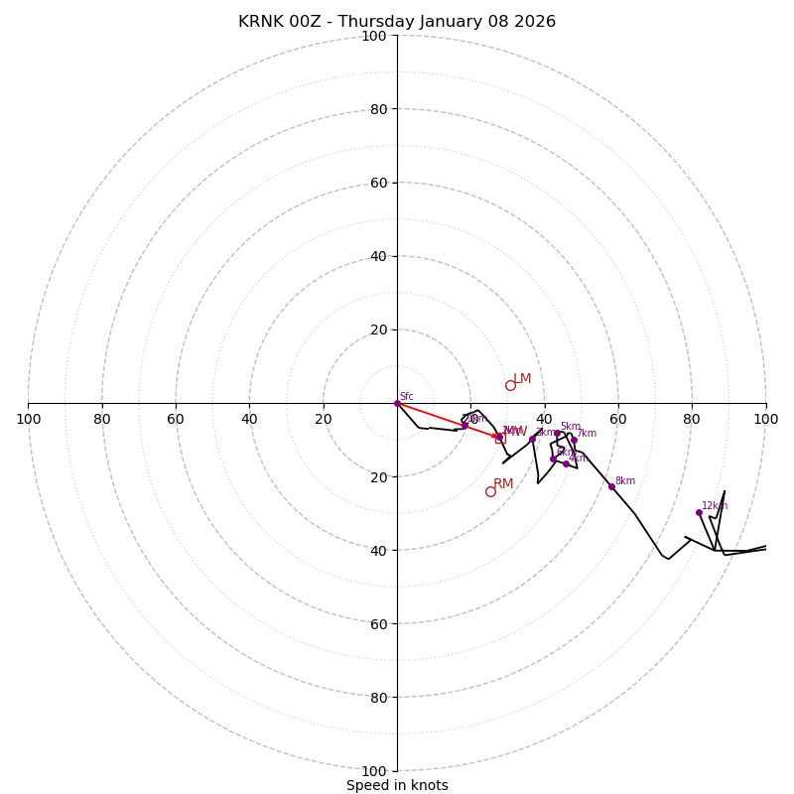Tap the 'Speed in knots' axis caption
[x=397, y=785]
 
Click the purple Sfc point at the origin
[x=397, y=403]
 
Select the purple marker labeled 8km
[x=611, y=486]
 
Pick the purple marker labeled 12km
[x=699, y=512]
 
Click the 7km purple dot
[x=574, y=440]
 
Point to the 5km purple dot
[x=557, y=434]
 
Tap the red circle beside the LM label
[x=510, y=385]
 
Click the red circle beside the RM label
[x=490, y=491]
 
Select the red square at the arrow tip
[x=500, y=438]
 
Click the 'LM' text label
[x=523, y=379]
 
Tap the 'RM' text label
[x=504, y=484]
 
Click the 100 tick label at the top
[x=374, y=36]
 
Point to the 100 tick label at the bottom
[x=374, y=771]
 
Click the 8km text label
[x=625, y=481]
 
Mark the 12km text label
[x=715, y=506]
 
